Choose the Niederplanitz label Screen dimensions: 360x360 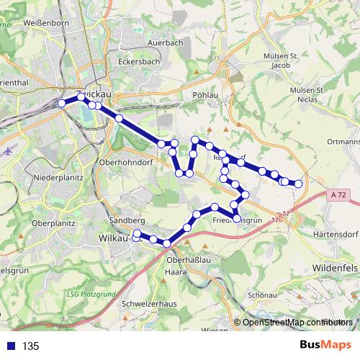coord(59,177)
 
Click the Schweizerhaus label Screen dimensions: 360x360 coord(150,304)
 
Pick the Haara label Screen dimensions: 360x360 coord(176,273)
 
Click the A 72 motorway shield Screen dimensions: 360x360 coord(340,195)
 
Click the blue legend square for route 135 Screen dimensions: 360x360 coord(10,346)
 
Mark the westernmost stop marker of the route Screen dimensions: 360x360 coord(62,104)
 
